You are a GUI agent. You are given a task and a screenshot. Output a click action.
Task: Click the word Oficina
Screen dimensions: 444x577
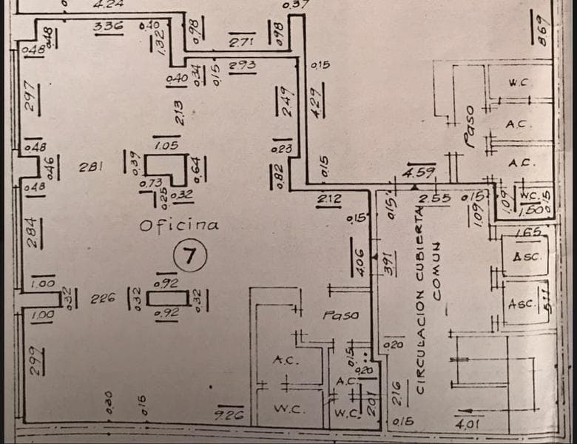(179, 224)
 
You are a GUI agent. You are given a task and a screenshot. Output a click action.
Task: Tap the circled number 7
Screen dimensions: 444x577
(189, 256)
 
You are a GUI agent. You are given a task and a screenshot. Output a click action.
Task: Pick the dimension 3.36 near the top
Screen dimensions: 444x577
(108, 27)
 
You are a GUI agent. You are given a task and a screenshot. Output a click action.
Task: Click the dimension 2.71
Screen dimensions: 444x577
(242, 43)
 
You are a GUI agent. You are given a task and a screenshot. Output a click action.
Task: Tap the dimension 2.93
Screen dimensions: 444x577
(242, 65)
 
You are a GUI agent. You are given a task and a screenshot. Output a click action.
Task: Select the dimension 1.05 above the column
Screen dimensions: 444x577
(166, 146)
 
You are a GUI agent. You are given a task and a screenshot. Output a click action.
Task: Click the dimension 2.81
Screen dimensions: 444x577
(90, 166)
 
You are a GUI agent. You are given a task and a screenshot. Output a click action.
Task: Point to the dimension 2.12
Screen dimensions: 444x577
(329, 198)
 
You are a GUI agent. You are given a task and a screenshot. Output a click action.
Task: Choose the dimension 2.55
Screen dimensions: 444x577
(435, 198)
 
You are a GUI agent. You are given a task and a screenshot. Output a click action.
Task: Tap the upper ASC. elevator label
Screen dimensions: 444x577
(527, 257)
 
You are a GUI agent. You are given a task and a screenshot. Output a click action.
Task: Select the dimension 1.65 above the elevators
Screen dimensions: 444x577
(527, 233)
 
